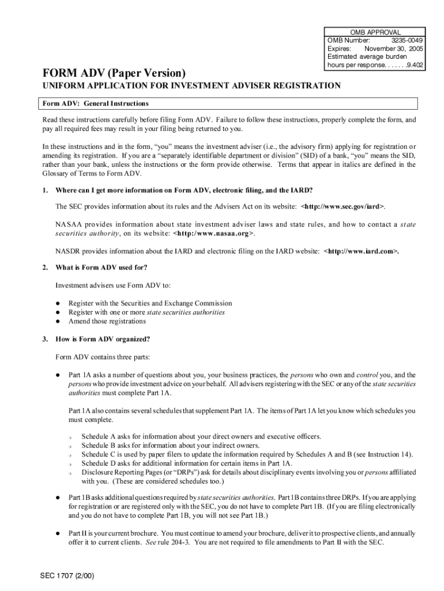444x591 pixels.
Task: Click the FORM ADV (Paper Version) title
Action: tap(112, 73)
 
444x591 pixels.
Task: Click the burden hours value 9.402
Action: tap(414, 65)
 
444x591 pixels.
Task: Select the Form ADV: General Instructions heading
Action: tap(95, 103)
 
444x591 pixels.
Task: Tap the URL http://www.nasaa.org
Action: tap(213, 233)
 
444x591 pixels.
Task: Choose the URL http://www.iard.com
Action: tap(362, 251)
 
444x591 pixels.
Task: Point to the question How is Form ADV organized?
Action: tap(103, 339)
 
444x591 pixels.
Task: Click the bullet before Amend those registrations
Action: tap(58, 321)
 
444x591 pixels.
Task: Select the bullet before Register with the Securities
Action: tap(58, 303)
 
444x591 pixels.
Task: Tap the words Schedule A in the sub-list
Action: tap(99, 436)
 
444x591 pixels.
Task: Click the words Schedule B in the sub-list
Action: tap(99, 445)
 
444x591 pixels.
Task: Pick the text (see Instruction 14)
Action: tap(381, 454)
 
